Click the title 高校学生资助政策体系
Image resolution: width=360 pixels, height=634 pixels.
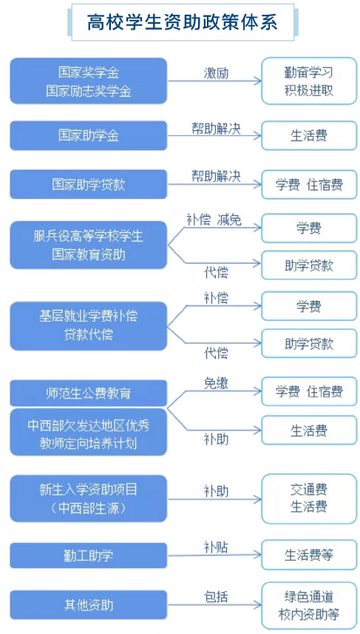(183, 22)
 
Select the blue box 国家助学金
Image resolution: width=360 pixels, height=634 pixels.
(89, 135)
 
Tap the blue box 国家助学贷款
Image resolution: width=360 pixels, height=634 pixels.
(89, 184)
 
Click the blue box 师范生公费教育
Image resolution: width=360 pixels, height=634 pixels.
(89, 393)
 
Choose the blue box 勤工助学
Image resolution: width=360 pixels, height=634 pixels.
(89, 556)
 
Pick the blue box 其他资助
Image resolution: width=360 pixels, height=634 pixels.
(89, 605)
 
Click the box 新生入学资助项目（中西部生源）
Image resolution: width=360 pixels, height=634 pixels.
(89, 498)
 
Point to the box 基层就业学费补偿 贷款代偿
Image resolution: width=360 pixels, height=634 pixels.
(89, 326)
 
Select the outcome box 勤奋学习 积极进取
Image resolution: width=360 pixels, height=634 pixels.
(309, 81)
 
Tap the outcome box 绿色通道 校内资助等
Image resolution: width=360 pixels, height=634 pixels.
(309, 605)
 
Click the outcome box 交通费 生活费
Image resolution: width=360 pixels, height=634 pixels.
(309, 498)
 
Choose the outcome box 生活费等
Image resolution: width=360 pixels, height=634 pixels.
(309, 555)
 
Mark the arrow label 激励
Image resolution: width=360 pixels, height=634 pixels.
(216, 73)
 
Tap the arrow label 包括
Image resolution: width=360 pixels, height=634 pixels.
(216, 596)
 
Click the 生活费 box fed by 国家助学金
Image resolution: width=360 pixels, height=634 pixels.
(309, 135)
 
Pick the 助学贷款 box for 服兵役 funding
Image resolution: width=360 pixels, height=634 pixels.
(309, 266)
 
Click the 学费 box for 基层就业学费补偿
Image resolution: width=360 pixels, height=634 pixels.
(309, 306)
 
